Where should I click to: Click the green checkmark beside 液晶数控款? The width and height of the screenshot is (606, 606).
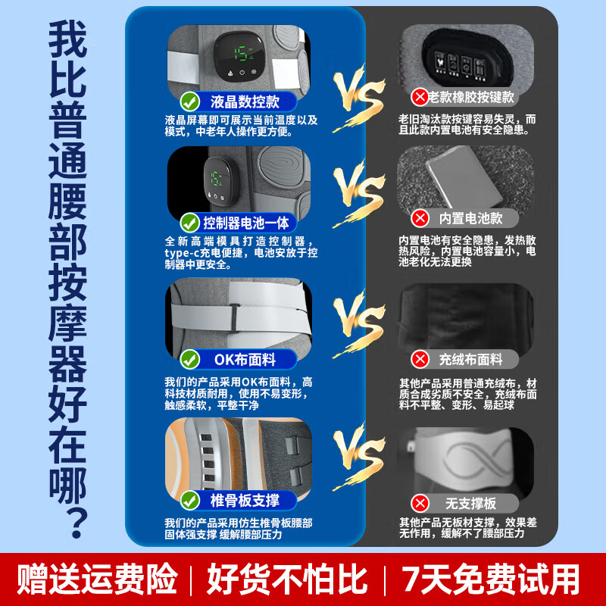[x=190, y=102]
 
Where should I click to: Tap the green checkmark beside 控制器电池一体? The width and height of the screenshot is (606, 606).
[x=190, y=223]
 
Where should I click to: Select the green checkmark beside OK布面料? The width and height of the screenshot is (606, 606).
[x=190, y=359]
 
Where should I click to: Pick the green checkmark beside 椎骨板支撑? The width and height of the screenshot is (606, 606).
[x=190, y=500]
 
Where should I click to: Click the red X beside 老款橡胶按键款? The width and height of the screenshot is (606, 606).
[x=420, y=97]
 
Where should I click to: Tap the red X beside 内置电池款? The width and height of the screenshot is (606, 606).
[x=420, y=218]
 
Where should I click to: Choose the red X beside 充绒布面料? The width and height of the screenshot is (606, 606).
[x=420, y=359]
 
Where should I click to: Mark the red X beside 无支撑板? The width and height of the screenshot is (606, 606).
[x=420, y=503]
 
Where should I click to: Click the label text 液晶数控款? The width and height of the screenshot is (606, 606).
[x=245, y=102]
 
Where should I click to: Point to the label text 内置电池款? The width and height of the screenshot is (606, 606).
[x=470, y=218]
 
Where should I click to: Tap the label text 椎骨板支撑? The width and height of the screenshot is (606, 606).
[x=245, y=500]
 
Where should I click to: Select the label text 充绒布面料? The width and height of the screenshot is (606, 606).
[x=470, y=359]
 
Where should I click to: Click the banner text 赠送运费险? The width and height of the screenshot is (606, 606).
[x=97, y=579]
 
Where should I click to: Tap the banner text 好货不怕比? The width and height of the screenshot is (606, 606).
[x=287, y=579]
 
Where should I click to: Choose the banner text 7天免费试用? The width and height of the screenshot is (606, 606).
[x=490, y=579]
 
